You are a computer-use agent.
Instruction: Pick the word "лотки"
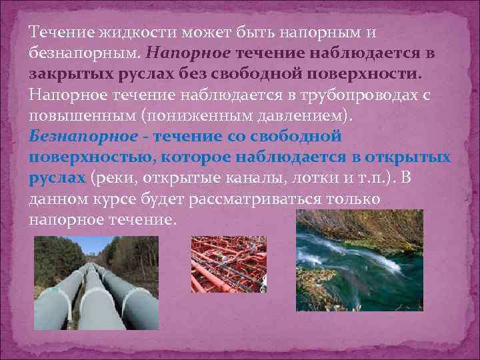[301, 179]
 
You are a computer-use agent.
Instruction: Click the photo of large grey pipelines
[97, 283]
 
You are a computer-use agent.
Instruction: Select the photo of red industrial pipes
[229, 265]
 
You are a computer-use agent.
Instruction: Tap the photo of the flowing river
[360, 261]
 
